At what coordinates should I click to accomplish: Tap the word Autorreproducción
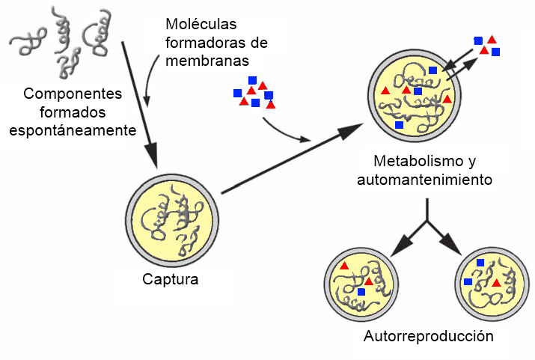429,336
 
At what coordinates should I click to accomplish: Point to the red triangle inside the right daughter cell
496,283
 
